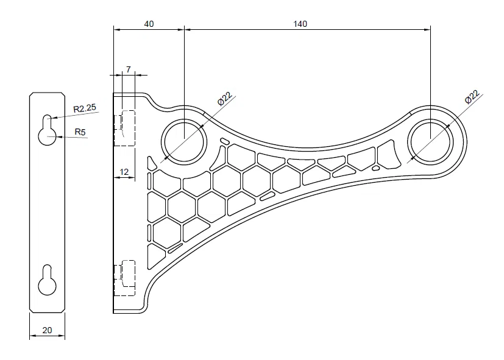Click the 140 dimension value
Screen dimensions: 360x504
(x=300, y=24)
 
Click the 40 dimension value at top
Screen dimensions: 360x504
(x=149, y=24)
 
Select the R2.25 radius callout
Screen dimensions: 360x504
(x=85, y=108)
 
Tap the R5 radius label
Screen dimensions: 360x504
(x=80, y=131)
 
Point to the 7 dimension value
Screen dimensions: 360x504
(x=129, y=69)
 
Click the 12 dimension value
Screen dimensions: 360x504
(x=124, y=172)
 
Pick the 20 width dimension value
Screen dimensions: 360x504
(x=47, y=330)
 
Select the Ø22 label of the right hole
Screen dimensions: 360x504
(x=471, y=97)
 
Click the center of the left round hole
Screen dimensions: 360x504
(x=184, y=141)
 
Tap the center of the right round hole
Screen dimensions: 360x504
(x=431, y=141)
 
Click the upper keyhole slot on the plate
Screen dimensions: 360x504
(x=47, y=130)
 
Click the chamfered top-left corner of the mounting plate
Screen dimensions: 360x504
(x=31, y=94)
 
